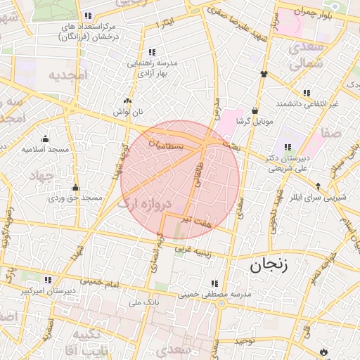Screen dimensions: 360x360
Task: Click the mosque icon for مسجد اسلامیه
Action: click(45, 139)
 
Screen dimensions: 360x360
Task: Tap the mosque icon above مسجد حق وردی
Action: click(75, 188)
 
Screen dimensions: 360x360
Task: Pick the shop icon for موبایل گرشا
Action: click(254, 110)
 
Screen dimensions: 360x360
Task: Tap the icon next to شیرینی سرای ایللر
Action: click(319, 186)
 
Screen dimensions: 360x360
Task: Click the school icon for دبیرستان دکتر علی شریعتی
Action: click(288, 146)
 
